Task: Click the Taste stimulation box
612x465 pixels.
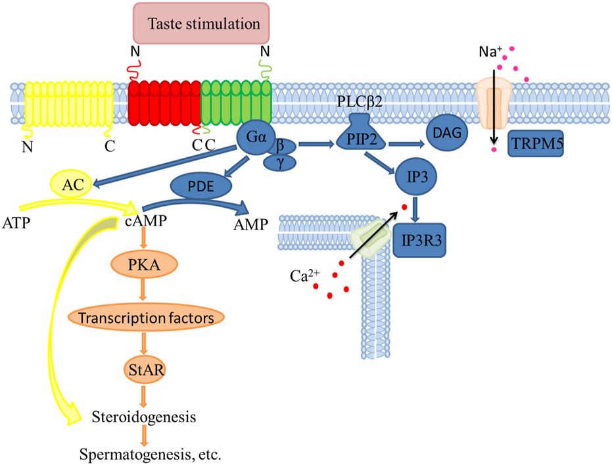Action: [202, 24]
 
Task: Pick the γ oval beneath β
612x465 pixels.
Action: [279, 161]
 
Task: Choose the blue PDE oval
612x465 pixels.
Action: [201, 187]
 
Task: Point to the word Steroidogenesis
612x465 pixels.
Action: [145, 417]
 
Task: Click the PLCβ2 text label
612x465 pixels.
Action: [360, 103]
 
